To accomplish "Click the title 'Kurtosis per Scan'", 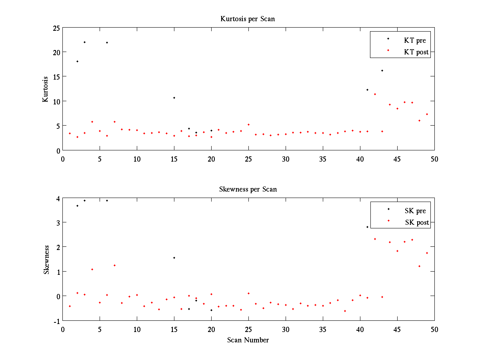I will [248, 19].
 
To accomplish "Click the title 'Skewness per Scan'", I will [248, 189].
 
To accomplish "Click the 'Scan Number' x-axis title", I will [248, 340].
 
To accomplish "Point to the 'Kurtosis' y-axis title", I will [46, 89].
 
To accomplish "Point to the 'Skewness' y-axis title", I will [46, 260].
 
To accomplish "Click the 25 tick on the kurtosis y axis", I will [56, 28].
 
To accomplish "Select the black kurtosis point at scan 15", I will [174, 98].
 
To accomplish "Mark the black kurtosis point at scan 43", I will [382, 70].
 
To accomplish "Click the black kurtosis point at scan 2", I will [77, 61].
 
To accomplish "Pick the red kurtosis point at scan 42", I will [375, 94].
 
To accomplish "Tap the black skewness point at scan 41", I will [367, 227].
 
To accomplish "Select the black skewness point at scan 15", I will [174, 258].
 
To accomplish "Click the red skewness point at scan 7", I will [114, 265].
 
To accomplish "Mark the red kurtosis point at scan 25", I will [248, 124].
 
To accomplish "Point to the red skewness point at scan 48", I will [419, 266].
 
